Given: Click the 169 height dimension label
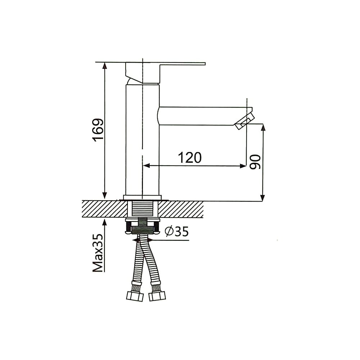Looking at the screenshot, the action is point(98,130).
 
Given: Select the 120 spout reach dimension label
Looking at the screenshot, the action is point(190,158).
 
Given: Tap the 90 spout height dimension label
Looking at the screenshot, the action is point(255,162).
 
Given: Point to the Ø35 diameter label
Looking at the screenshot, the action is point(177,231).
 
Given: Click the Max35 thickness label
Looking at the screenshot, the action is point(98,253).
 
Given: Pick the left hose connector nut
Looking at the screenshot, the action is point(135,296).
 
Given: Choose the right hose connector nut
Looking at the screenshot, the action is point(157,296).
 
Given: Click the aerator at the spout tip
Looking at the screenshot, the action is point(245,121).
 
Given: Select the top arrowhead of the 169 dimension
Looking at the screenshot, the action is point(105,66).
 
